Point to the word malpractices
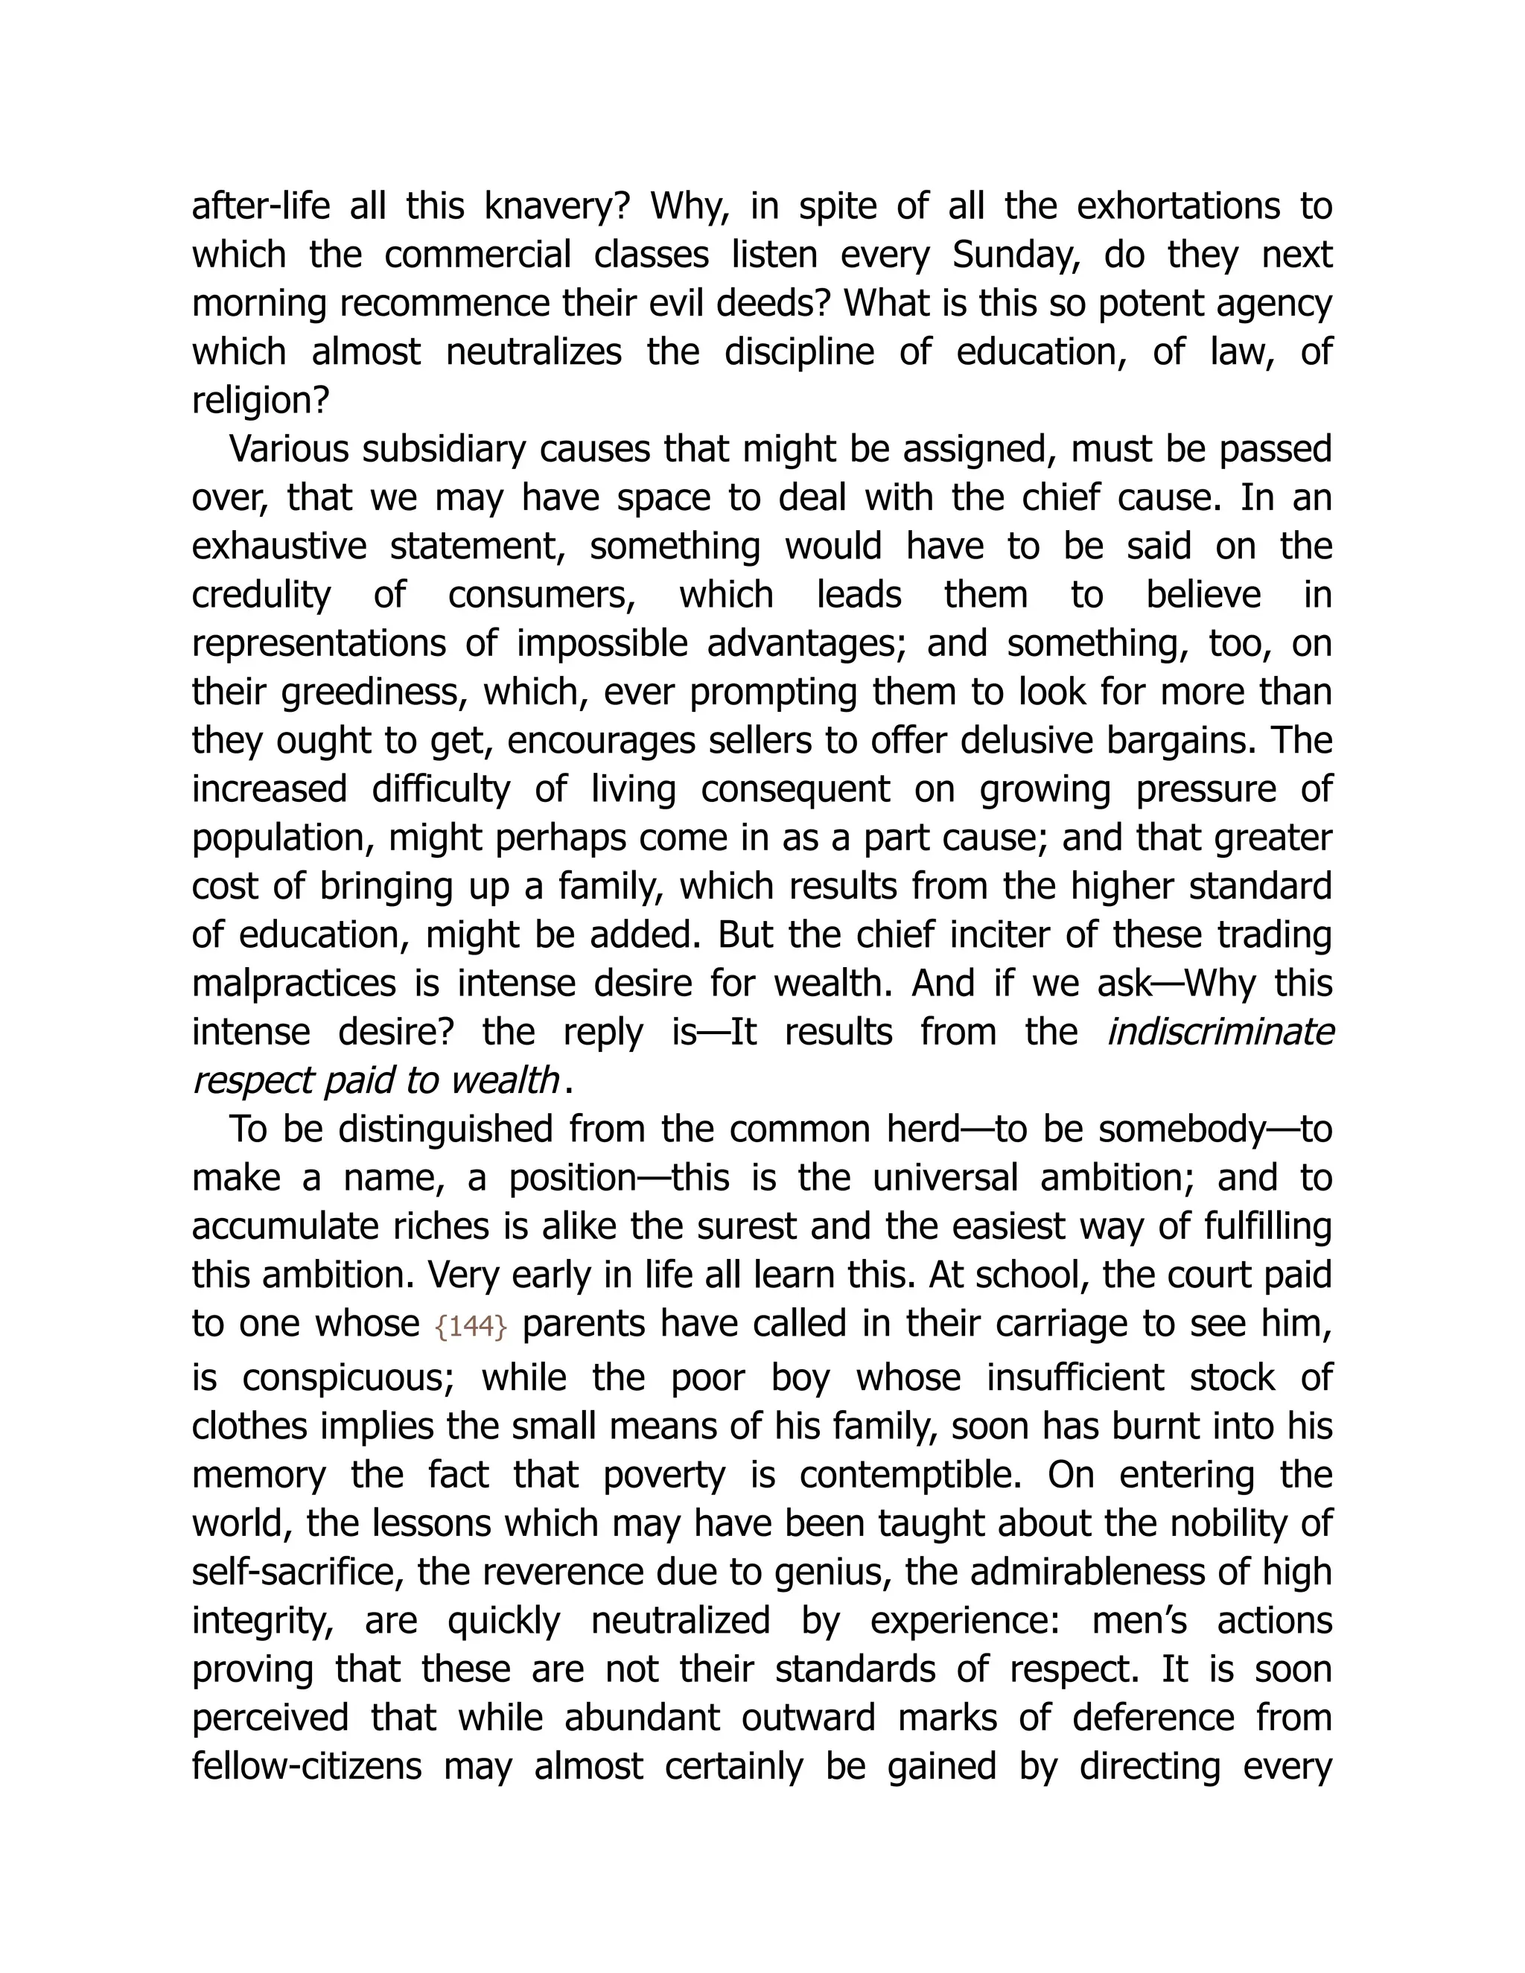[x=293, y=983]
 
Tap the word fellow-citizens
[x=308, y=1766]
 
